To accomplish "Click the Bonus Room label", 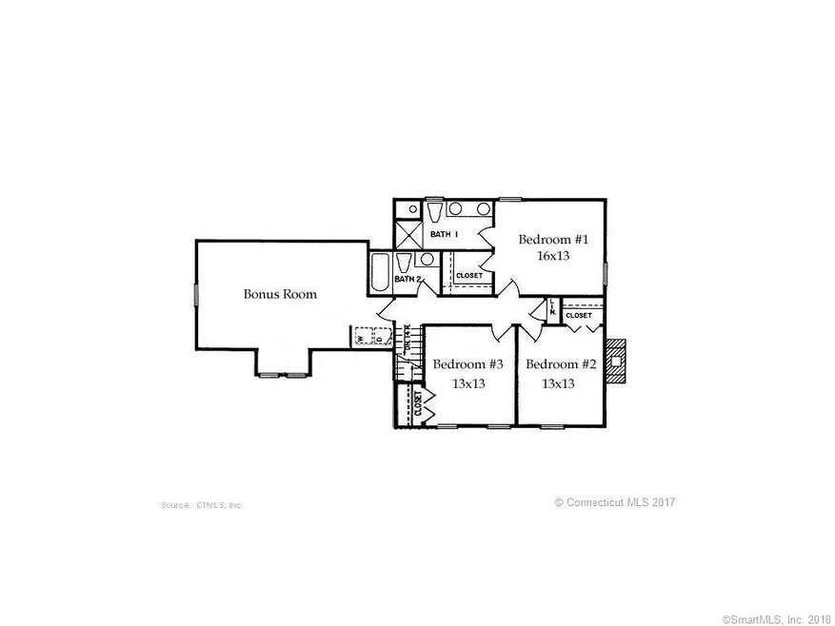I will (x=280, y=295).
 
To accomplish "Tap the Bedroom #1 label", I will (x=553, y=240).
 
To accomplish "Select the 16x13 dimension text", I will (x=553, y=256).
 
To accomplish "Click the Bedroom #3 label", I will (x=467, y=364).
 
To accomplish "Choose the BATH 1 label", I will (x=444, y=234).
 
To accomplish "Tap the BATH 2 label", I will (x=408, y=279).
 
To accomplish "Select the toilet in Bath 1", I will (x=433, y=210).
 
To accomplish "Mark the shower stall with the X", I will (x=408, y=233).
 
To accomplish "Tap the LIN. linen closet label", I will (x=552, y=308).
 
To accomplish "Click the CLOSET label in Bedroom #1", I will (x=469, y=276).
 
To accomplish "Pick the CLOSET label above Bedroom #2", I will (x=578, y=315).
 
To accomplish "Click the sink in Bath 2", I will (x=427, y=259).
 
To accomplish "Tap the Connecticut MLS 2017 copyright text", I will (x=615, y=502).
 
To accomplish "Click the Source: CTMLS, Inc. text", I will (x=203, y=504).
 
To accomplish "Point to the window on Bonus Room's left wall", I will (x=196, y=294).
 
